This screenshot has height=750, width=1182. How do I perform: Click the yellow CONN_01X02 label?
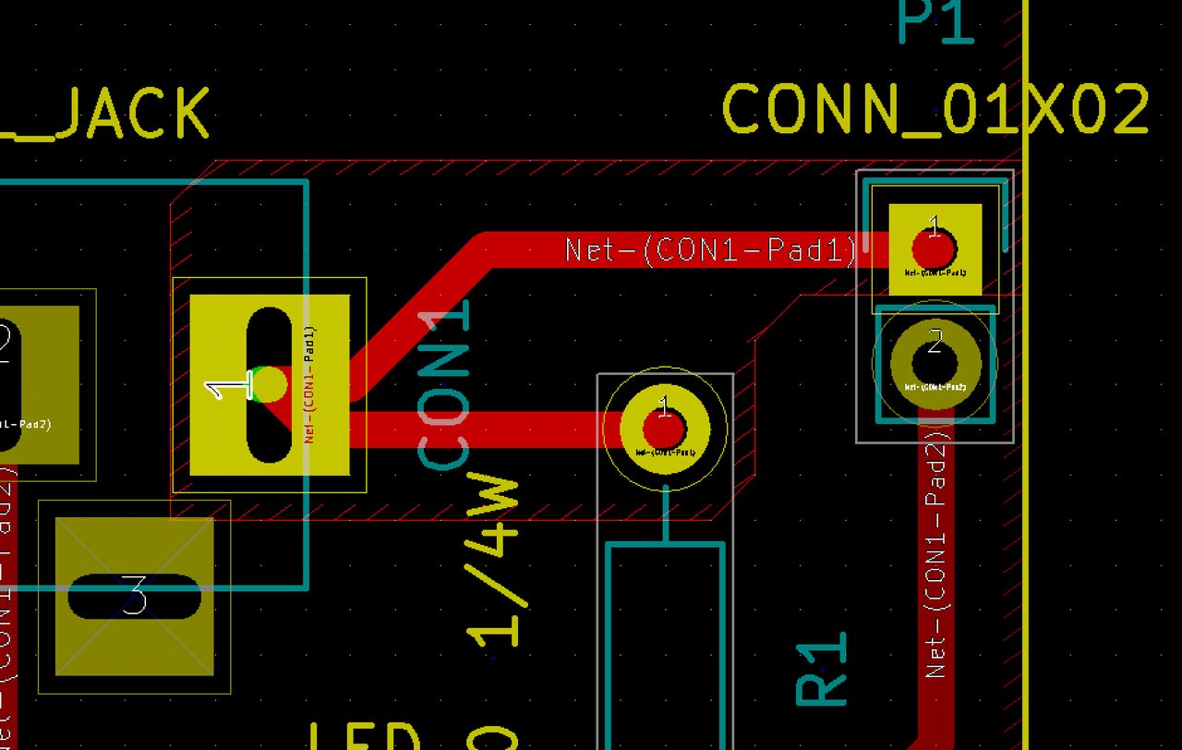tap(935, 110)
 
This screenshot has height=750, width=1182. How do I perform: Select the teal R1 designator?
tap(822, 670)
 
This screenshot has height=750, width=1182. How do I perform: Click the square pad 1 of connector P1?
tap(935, 249)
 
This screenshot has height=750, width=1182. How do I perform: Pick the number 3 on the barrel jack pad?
tap(135, 596)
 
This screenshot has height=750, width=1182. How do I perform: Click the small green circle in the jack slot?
tap(269, 384)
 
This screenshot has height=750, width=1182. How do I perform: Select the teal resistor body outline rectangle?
tap(664, 647)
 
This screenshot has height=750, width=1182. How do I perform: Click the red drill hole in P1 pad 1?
tap(935, 249)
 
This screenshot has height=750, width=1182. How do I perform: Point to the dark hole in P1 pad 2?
tap(935, 359)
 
